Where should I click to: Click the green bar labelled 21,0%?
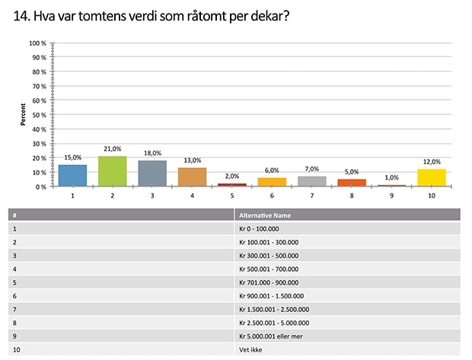112,171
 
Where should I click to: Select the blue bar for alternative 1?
72,176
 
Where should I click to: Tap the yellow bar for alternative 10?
430,177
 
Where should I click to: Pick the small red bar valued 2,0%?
231,185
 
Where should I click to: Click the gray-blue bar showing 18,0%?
152,174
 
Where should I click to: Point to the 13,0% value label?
192,161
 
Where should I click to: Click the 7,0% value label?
311,169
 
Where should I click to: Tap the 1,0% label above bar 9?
391,177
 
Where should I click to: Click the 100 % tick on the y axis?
38,43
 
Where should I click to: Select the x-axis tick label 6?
272,196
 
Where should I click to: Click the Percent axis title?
24,114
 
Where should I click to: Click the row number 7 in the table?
15,309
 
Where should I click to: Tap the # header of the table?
15,215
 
